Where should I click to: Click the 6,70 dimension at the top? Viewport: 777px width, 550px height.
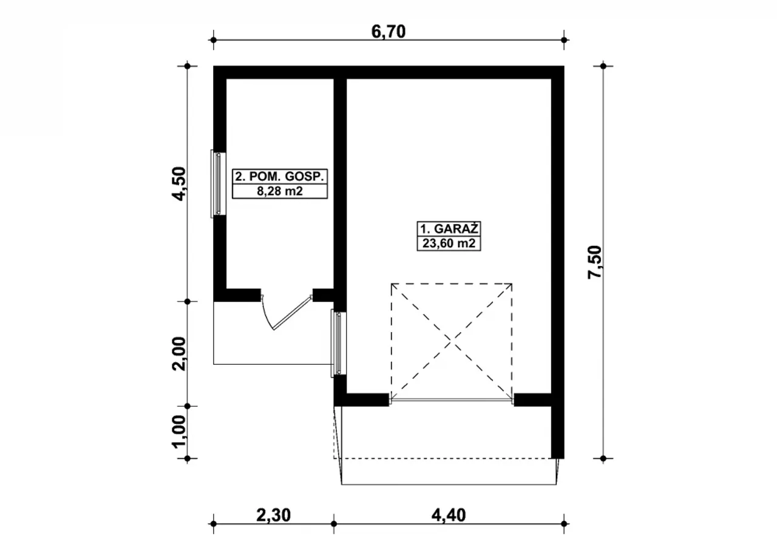pyautogui.click(x=388, y=32)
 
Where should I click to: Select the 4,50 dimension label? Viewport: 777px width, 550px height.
pyautogui.click(x=180, y=184)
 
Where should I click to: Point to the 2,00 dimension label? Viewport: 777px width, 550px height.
pyautogui.click(x=180, y=354)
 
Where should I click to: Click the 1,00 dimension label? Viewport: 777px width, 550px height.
pyautogui.click(x=180, y=432)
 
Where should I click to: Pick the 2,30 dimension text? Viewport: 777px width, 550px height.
pyautogui.click(x=273, y=515)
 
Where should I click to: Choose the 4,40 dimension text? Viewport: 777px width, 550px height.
pyautogui.click(x=449, y=515)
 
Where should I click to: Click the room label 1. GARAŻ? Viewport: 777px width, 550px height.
pyautogui.click(x=449, y=229)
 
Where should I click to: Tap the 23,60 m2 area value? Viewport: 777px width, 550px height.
pyautogui.click(x=449, y=243)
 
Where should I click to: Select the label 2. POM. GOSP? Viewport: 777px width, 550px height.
pyautogui.click(x=280, y=177)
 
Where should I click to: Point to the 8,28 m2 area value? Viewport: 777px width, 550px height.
pyautogui.click(x=280, y=191)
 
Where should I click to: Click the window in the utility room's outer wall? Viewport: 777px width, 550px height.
pyautogui.click(x=219, y=184)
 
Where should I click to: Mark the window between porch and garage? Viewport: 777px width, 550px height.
pyautogui.click(x=339, y=344)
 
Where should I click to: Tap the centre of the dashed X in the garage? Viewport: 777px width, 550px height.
pyautogui.click(x=451, y=342)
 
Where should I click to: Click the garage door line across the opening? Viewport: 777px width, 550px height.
pyautogui.click(x=451, y=401)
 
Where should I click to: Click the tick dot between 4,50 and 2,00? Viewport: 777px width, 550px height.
pyautogui.click(x=188, y=302)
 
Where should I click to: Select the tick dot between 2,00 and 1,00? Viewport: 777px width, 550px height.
pyautogui.click(x=188, y=406)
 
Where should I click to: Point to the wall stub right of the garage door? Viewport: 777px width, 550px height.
pyautogui.click(x=533, y=399)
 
